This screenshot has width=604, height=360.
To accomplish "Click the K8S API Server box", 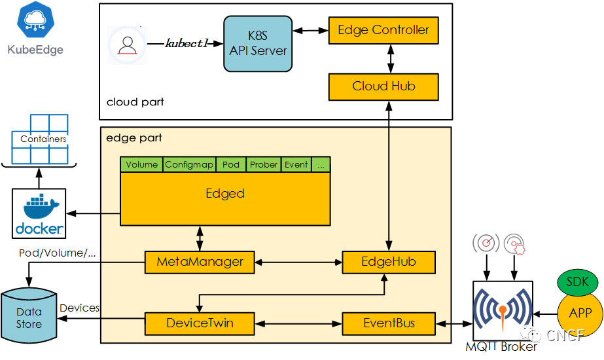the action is tap(258, 44).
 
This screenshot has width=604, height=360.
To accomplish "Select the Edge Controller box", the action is tap(383, 30).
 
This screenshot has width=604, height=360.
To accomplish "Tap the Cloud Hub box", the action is tap(383, 86).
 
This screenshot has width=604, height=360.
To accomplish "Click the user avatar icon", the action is tap(127, 45).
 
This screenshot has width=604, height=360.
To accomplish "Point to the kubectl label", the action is tap(187, 44).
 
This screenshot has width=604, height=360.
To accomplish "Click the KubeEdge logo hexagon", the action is tap(35, 19).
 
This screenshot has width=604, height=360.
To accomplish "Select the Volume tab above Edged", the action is tap(141, 164).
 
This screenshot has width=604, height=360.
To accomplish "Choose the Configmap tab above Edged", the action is tap(189, 164).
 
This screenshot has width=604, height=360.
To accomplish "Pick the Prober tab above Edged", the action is tap(264, 164).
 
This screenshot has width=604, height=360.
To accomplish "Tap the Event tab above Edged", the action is tap(296, 164).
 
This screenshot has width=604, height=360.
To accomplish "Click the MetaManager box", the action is tap(200, 262).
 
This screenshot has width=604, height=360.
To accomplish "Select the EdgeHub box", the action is tap(389, 262).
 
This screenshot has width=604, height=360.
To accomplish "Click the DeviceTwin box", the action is tap(200, 323).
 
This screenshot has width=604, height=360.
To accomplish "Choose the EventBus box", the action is tap(389, 323).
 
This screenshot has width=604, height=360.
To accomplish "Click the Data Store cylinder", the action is tap(29, 315).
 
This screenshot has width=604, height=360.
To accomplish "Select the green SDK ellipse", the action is tap(577, 282).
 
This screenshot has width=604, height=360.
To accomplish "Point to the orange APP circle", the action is tap(580, 312).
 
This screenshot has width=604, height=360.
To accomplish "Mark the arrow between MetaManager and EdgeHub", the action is tap(298, 262).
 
